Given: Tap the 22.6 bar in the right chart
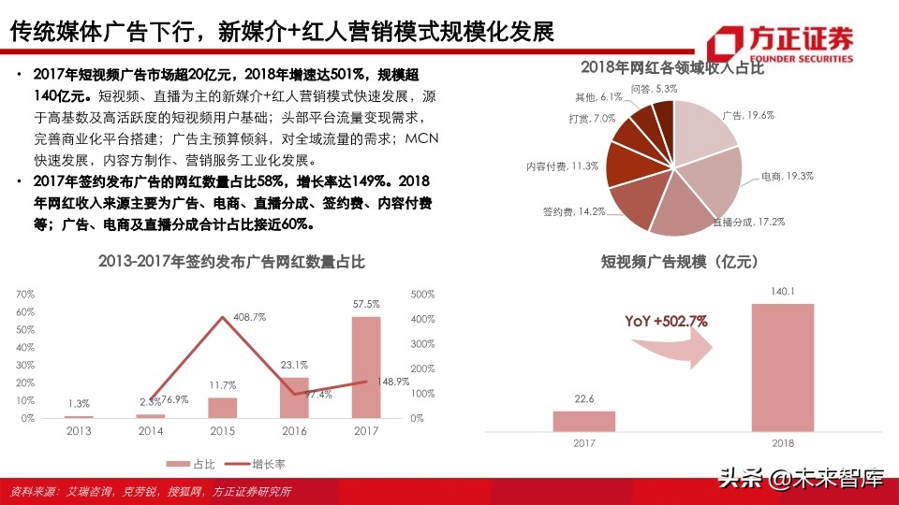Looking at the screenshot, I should pyautogui.click(x=583, y=421).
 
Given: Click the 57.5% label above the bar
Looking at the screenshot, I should pyautogui.click(x=366, y=304).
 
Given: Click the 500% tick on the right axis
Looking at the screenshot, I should pyautogui.click(x=424, y=294).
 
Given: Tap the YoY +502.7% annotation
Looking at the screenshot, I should pyautogui.click(x=667, y=322).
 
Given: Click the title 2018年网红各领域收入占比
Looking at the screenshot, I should pyautogui.click(x=672, y=67).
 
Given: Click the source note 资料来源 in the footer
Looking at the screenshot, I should pyautogui.click(x=150, y=492).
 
